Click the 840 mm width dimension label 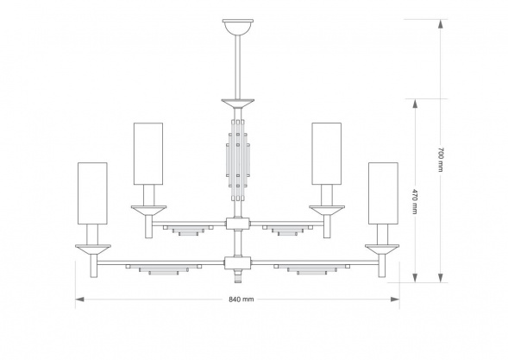pyautogui.click(x=241, y=300)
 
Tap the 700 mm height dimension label pyautogui.click(x=440, y=160)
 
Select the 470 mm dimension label pyautogui.click(x=415, y=201)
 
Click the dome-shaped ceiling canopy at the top pyautogui.click(x=238, y=28)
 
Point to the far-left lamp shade pyautogui.click(x=92, y=193)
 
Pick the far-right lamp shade pyautogui.click(x=383, y=193)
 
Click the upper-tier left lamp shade pyautogui.click(x=148, y=154)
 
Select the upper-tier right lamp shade pyautogui.click(x=327, y=154)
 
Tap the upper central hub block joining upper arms pyautogui.click(x=238, y=224)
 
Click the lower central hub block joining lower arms pyautogui.click(x=238, y=263)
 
